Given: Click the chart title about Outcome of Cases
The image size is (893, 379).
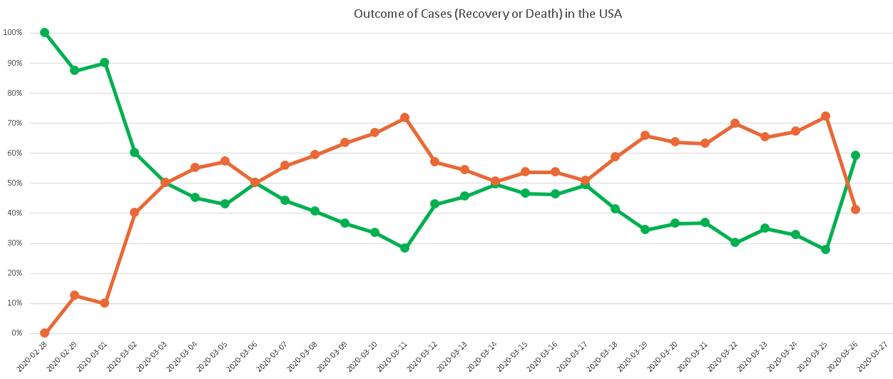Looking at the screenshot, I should coord(488,14).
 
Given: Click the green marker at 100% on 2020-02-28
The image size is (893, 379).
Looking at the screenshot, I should coord(44,32).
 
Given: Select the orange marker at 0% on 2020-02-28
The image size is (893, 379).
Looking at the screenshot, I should coord(44,333).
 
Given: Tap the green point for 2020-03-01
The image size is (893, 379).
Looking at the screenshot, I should coord(104,62).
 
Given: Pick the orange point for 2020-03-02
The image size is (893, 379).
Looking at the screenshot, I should coord(134,212).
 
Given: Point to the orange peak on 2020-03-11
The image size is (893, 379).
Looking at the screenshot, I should coord(404,117).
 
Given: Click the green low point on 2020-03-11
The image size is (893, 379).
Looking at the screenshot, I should coord(404,248).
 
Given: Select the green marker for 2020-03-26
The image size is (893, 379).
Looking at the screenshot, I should coord(855,155).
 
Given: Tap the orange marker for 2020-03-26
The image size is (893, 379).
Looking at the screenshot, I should coord(855,209).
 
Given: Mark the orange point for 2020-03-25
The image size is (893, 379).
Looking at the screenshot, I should coord(825,116).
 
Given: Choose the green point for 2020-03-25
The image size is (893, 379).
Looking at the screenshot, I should coord(825,249).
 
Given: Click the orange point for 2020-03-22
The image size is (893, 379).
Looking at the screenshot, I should coord(735,123).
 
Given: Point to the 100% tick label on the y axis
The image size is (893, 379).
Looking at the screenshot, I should coord(12,32).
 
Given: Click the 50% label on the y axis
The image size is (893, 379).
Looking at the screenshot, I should coord(14,183).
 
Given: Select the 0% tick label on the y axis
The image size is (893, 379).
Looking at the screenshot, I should coord(16,333).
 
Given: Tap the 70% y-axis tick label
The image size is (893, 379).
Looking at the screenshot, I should coord(14,123).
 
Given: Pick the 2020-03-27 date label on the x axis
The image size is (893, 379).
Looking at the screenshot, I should coord(877,355).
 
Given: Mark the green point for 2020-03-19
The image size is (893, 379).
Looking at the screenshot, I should coord(645,229).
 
